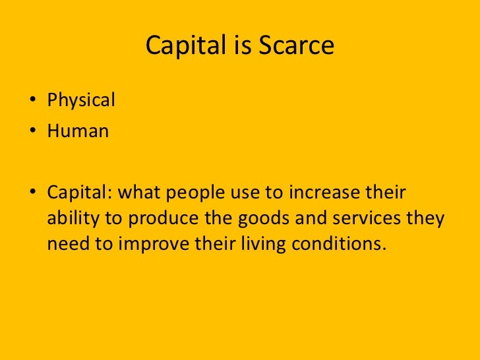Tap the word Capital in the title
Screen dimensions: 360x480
coord(176,45)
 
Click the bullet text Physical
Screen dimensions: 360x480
coord(80,100)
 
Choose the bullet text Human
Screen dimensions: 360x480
coord(77,131)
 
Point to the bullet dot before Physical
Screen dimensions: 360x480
coord(32,102)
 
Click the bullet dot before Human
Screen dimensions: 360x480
coord(32,132)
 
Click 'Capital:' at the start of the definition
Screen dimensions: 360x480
coord(78,193)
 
